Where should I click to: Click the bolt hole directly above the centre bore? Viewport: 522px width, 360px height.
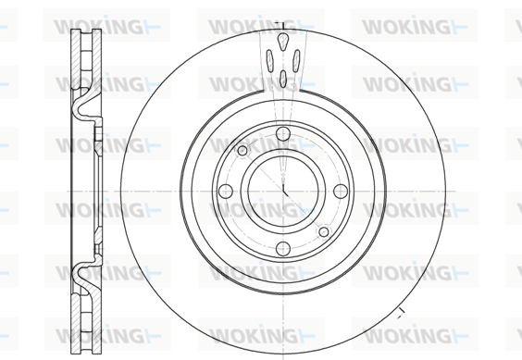[283, 133]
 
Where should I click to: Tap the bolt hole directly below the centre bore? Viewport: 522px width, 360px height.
[283, 248]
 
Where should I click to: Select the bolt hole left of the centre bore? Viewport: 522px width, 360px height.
[226, 192]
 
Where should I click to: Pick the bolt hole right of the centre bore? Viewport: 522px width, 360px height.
[341, 192]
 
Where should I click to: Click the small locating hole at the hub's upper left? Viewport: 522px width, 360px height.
[242, 151]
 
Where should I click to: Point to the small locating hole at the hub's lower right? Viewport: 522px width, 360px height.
[324, 231]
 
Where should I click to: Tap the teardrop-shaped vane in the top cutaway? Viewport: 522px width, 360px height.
[282, 42]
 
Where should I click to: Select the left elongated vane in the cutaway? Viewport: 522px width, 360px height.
[269, 60]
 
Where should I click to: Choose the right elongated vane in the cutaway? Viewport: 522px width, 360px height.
[296, 60]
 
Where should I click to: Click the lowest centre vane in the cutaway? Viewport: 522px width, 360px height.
[283, 79]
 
